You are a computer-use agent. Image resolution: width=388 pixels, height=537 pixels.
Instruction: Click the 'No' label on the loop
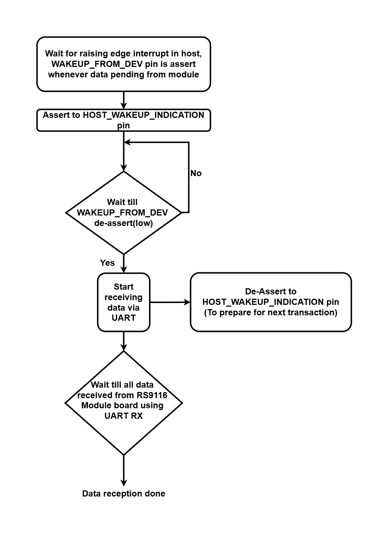coord(196,173)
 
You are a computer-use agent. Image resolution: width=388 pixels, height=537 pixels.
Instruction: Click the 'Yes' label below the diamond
coord(107,263)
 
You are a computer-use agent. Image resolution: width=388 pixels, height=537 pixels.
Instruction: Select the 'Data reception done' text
coord(124,494)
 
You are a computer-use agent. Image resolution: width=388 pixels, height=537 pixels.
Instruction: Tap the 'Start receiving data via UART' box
coord(124,302)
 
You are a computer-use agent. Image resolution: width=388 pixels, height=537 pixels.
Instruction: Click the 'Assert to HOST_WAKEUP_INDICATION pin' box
coord(124,120)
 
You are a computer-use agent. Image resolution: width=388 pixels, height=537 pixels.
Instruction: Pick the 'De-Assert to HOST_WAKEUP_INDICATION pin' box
coord(271,302)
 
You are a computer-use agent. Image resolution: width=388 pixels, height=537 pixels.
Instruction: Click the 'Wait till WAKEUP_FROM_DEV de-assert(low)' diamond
coord(124,213)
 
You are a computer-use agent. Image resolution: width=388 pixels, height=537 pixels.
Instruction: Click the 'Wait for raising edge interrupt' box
coord(124,64)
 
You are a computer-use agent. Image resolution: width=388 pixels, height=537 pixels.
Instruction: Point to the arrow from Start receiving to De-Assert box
coord(170,302)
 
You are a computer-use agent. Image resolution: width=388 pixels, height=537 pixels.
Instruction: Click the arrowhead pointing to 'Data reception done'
coord(124,483)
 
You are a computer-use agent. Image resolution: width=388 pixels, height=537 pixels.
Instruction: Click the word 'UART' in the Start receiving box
coord(124,318)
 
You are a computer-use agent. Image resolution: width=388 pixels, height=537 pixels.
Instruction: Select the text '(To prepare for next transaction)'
coord(271,312)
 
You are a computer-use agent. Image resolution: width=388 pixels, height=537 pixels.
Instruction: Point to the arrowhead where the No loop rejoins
coord(127,142)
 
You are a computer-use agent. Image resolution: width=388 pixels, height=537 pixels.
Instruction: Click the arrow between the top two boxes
coord(124,100)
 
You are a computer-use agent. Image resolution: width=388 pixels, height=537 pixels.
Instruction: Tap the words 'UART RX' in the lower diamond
coord(124,416)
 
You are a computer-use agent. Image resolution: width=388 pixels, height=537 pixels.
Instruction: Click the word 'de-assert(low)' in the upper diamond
coord(124,223)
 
